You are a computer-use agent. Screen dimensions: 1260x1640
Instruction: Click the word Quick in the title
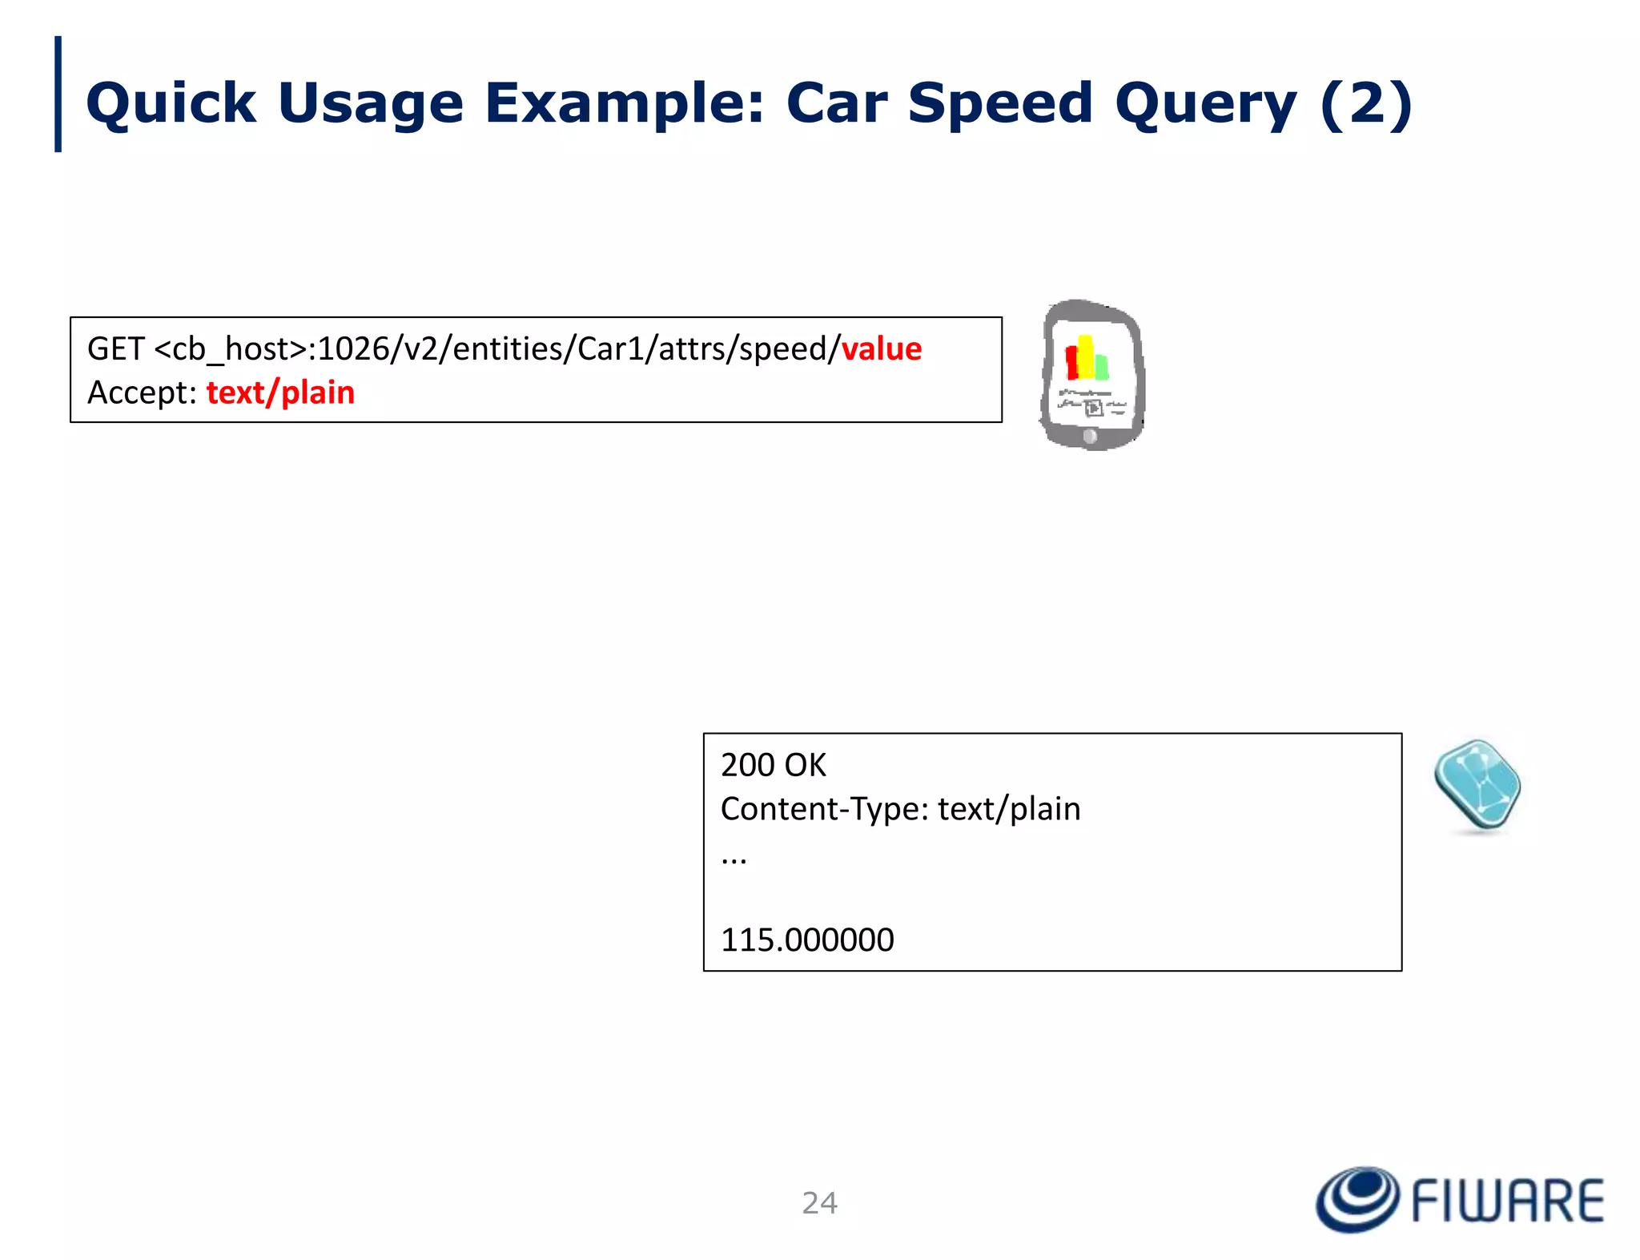coord(171,104)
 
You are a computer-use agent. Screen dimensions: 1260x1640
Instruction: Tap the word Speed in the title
coord(1000,104)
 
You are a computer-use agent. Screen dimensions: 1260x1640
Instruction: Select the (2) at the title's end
coord(1365,104)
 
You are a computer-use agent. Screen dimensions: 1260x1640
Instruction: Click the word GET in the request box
coord(115,349)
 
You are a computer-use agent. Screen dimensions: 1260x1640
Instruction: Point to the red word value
coord(881,349)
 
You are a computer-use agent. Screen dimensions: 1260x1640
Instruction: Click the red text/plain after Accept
coord(280,392)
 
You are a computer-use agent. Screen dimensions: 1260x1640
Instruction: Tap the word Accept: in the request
coord(142,392)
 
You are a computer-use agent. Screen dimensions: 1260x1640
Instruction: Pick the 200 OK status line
coord(773,765)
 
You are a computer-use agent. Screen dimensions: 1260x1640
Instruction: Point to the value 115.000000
coord(807,940)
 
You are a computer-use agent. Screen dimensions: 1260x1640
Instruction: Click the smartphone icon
coord(1092,374)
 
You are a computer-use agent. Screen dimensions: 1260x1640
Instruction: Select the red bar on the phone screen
coord(1071,362)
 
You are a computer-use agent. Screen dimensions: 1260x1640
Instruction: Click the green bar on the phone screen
coord(1102,366)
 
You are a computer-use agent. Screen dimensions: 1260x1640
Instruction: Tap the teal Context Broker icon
coord(1477,785)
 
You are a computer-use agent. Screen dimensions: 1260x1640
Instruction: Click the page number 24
coord(819,1202)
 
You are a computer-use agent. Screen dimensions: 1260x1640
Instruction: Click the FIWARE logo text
coord(1507,1201)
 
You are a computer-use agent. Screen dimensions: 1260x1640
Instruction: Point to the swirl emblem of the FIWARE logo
coord(1357,1199)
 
